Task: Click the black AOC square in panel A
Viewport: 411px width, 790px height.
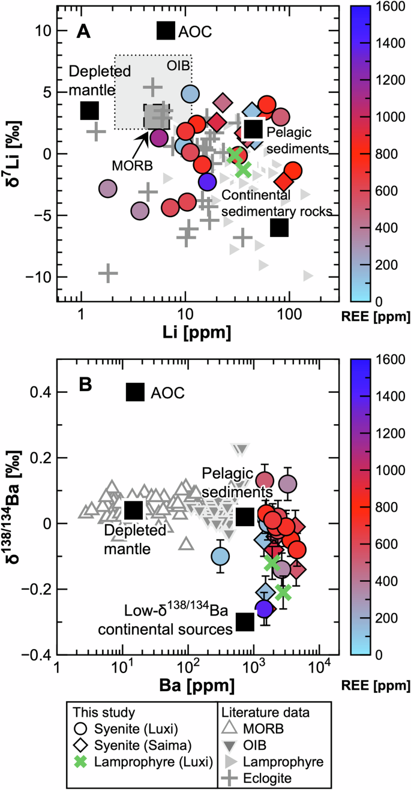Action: pyautogui.click(x=166, y=31)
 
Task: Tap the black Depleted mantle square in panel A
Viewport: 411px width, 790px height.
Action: pyautogui.click(x=89, y=110)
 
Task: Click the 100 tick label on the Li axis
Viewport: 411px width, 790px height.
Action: pyautogui.click(x=289, y=313)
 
